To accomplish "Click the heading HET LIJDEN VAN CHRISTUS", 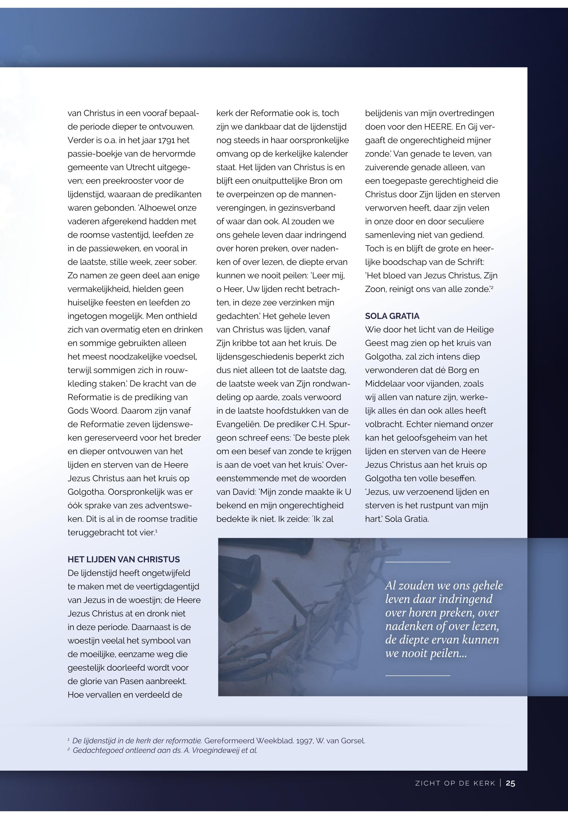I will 123,559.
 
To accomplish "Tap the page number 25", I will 510,783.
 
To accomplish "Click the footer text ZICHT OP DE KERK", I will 455,783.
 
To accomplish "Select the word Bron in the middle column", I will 318,181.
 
